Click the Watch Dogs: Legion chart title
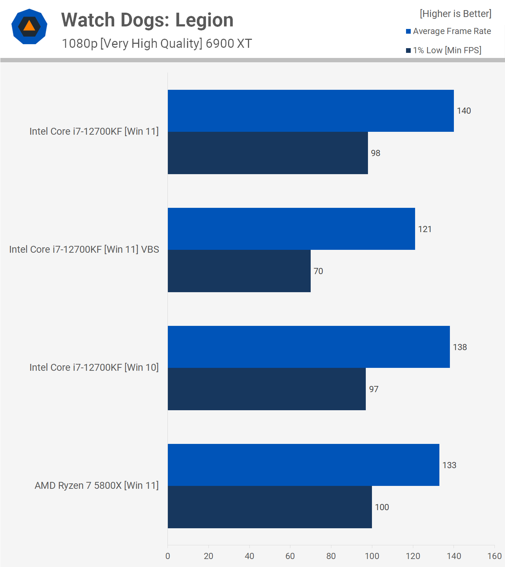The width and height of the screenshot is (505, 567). point(147,20)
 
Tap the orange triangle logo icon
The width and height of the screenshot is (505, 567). point(29,26)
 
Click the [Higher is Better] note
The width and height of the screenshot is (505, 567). point(455,14)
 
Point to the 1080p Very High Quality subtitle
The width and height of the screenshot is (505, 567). point(157,43)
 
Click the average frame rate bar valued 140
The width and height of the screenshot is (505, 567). point(311,111)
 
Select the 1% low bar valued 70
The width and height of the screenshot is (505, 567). point(239,271)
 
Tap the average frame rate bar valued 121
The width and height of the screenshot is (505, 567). point(291,229)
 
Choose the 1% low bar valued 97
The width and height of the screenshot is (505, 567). point(266,389)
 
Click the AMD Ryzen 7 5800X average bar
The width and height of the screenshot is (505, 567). point(303,465)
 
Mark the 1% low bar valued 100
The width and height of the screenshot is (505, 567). point(270,507)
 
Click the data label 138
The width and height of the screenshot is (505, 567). point(460,347)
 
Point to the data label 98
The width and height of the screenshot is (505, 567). point(375,153)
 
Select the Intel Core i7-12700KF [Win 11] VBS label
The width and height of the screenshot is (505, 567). point(84,249)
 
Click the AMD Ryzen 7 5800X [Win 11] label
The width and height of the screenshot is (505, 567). point(96,486)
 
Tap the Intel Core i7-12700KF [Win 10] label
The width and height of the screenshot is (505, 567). point(94,367)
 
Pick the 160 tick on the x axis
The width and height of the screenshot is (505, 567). point(494,556)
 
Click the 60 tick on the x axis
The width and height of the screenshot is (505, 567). point(290,556)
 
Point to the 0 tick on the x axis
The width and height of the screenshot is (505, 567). point(167,556)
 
